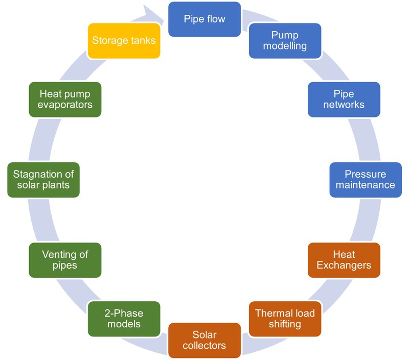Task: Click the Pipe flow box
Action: [204, 19]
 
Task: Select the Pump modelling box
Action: [285, 40]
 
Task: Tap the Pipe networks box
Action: [344, 99]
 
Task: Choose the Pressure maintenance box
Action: [365, 180]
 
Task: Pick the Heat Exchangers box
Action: [344, 260]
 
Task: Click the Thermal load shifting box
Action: [285, 319]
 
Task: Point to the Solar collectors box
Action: [204, 340]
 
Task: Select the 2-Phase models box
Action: [124, 319]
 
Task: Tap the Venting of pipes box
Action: [65, 260]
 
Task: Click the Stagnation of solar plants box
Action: [43, 180]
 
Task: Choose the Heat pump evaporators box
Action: [65, 99]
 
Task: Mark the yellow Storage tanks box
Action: [124, 40]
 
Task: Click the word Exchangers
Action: [344, 266]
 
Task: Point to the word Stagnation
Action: [43, 174]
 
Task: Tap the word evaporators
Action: [65, 105]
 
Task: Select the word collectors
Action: [204, 346]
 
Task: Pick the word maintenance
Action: [365, 185]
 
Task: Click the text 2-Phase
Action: [124, 313]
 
